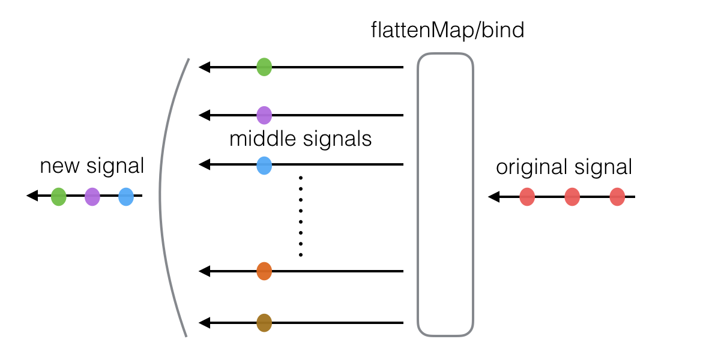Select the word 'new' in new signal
click(x=59, y=166)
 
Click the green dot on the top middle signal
click(x=264, y=67)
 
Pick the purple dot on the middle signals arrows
click(x=264, y=115)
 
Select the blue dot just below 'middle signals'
click(x=264, y=165)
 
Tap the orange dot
click(x=264, y=271)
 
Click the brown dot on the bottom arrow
click(x=264, y=323)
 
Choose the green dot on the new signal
click(x=58, y=196)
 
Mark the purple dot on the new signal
click(x=92, y=196)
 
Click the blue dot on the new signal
click(x=125, y=196)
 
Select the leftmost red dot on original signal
click(x=527, y=197)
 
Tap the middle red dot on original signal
click(x=572, y=197)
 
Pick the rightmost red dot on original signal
click(x=617, y=197)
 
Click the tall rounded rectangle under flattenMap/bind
click(x=445, y=194)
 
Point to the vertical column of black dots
click(x=300, y=216)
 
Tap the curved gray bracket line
click(x=161, y=194)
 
